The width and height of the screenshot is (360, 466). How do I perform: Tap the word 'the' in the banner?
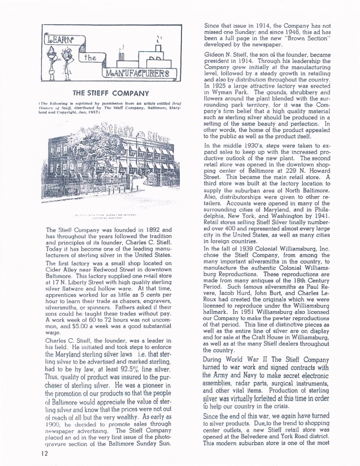(x=90, y=58)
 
